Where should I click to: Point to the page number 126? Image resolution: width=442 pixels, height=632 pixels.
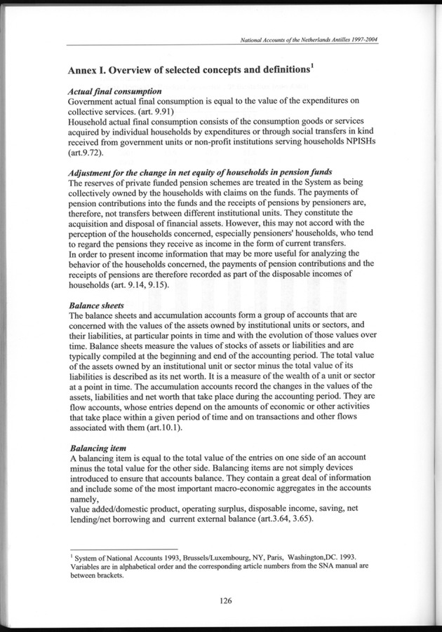225,600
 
